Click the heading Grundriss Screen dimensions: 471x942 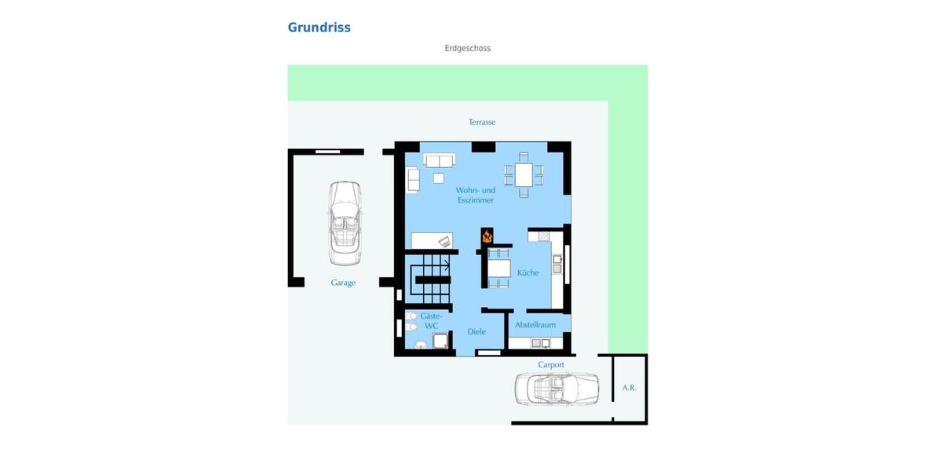pos(319,27)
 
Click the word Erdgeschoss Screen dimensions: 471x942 pos(467,49)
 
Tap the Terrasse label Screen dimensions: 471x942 pos(482,122)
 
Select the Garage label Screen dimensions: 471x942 pos(343,283)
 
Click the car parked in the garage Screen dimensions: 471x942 pos(345,223)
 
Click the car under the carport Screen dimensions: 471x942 pos(557,389)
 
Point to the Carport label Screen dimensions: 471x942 pos(551,365)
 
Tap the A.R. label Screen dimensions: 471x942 pos(630,388)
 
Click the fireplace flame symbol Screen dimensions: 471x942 pos(487,235)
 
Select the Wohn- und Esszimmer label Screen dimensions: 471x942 pos(476,195)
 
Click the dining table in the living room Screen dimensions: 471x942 pos(524,174)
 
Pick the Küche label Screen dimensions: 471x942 pos(528,273)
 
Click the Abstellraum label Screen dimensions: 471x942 pos(535,325)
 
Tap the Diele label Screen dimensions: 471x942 pos(476,332)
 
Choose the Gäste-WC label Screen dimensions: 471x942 pos(431,321)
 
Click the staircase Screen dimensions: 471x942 pos(431,279)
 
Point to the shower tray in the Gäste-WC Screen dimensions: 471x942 pos(440,341)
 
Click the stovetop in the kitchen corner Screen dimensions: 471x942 pos(544,235)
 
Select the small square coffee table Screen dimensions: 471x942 pos(438,178)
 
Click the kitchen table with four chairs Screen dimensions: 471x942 pos(498,268)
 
